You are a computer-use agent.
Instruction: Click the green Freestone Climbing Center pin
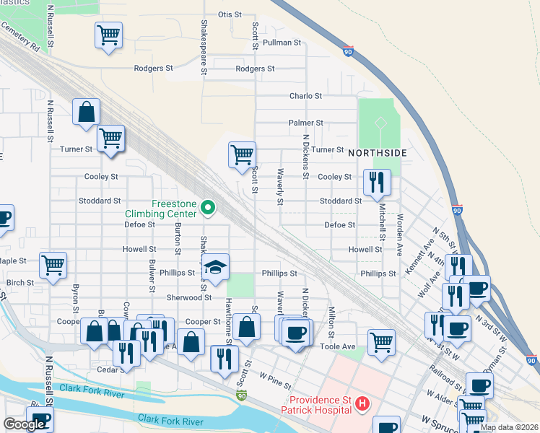tap(208, 208)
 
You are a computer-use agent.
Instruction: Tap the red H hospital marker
tap(363, 405)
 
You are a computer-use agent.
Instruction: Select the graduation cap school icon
tap(215, 267)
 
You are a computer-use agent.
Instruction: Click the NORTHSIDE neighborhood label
tap(378, 154)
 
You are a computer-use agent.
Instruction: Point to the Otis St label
tap(229, 14)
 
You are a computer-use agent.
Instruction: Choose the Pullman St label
tap(282, 43)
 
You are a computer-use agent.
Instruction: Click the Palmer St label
tap(305, 123)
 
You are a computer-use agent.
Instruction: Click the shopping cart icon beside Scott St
tap(242, 154)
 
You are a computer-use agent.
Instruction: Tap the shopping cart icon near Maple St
tap(53, 265)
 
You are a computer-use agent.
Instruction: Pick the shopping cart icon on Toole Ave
tap(381, 341)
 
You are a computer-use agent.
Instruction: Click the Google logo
tap(23, 424)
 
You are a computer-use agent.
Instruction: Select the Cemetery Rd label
tap(20, 35)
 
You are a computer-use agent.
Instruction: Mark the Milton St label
tap(331, 321)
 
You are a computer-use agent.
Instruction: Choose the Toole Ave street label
tap(338, 346)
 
